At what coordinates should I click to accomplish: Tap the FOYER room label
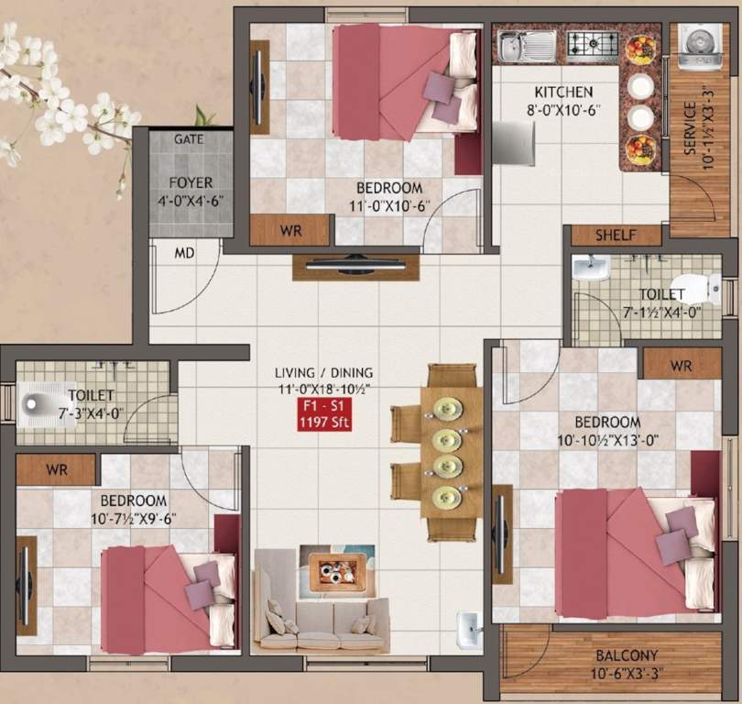[191, 182]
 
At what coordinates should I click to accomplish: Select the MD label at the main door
[185, 253]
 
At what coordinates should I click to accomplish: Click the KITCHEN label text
[563, 93]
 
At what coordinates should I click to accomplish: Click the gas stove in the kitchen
[593, 42]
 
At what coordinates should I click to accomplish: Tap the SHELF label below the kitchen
[616, 236]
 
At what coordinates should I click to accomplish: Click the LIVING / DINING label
[324, 372]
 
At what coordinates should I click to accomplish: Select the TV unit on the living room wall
[355, 267]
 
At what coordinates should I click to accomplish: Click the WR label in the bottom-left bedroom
[58, 469]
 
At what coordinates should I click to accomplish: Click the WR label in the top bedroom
[291, 229]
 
